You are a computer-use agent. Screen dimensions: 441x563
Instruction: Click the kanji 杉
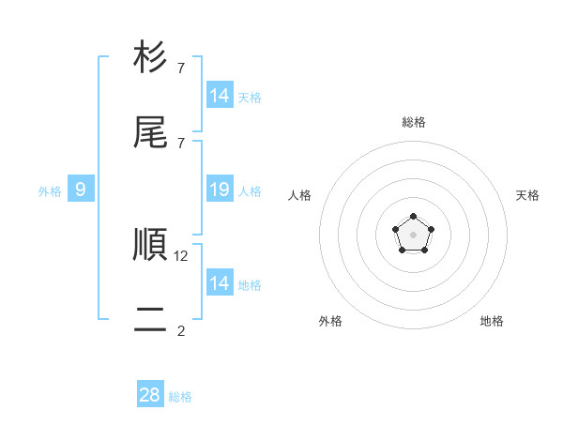pyautogui.click(x=150, y=57)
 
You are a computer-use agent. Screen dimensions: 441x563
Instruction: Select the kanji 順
pyautogui.click(x=150, y=244)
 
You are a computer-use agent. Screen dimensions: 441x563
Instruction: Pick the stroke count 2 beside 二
pyautogui.click(x=181, y=330)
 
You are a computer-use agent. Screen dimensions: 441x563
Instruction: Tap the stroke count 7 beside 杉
pyautogui.click(x=181, y=68)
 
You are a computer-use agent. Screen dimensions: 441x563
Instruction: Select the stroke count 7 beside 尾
pyautogui.click(x=181, y=144)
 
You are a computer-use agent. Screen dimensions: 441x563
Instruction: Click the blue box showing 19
pyautogui.click(x=220, y=190)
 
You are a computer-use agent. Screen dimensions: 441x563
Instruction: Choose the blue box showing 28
pyautogui.click(x=150, y=395)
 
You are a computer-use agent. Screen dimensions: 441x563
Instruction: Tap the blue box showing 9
pyautogui.click(x=81, y=190)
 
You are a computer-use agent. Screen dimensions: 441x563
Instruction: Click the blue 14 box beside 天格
pyautogui.click(x=220, y=96)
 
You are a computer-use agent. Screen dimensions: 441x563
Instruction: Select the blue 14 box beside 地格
pyautogui.click(x=220, y=283)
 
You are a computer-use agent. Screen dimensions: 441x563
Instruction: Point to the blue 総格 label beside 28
pyautogui.click(x=180, y=397)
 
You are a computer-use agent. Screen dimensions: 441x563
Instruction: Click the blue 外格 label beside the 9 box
pyautogui.click(x=50, y=191)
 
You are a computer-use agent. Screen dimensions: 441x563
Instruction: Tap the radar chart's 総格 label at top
pyautogui.click(x=413, y=122)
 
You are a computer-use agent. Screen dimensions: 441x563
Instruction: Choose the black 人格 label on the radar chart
pyautogui.click(x=300, y=195)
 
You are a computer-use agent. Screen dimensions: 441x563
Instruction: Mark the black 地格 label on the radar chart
pyautogui.click(x=492, y=321)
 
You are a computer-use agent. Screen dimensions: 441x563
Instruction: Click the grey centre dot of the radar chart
pyautogui.click(x=413, y=235)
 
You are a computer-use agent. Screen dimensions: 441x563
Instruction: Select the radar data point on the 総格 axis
pyautogui.click(x=413, y=217)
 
